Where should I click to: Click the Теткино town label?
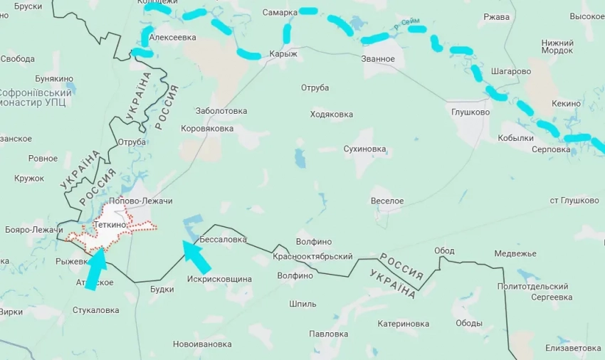coord(110,225)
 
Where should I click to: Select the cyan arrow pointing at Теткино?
coord(95,269)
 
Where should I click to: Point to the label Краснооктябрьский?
coord(313,256)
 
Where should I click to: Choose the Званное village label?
coord(377,58)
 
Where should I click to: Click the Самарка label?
coord(280,12)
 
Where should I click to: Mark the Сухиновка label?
coord(364,149)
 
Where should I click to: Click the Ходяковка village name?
coord(332,114)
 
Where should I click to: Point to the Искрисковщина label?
coord(220,279)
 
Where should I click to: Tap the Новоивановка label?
coord(202,344)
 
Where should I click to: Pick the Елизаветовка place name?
coord(574,348)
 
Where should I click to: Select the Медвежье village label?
coord(515,253)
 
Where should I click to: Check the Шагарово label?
coord(511,71)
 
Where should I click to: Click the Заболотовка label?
coord(221,111)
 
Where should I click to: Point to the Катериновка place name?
coord(404,323)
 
